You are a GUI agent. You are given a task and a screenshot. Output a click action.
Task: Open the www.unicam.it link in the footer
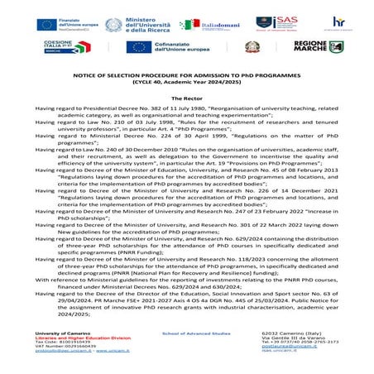click(104, 352)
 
